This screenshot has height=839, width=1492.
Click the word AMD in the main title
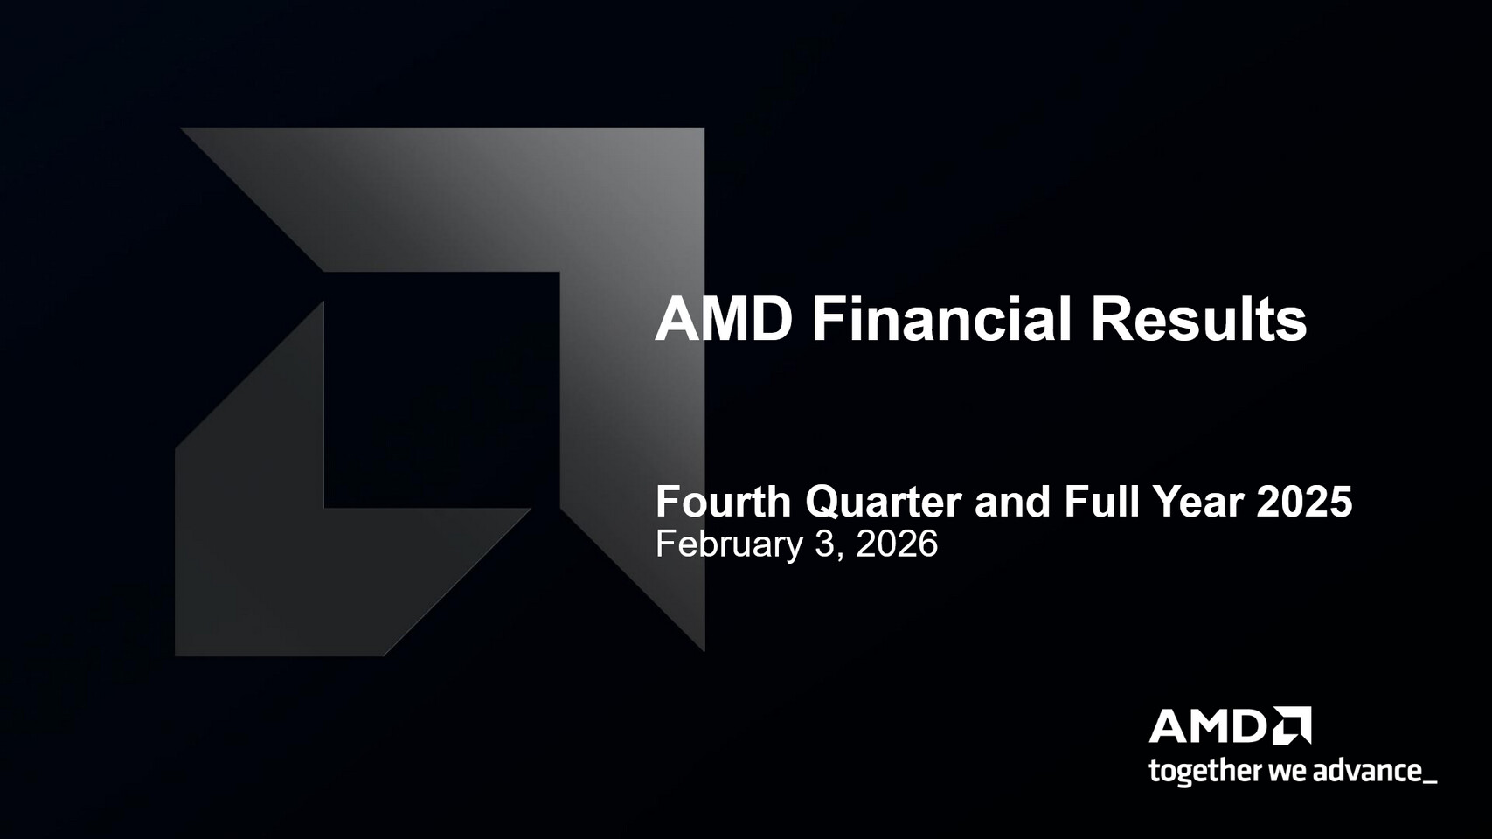tap(724, 319)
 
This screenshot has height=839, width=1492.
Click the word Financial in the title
tap(940, 319)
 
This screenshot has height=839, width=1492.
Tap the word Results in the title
tap(1198, 319)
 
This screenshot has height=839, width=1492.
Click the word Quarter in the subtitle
tap(883, 503)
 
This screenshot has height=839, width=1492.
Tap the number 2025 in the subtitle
tap(1304, 503)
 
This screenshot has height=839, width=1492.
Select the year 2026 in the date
tap(897, 544)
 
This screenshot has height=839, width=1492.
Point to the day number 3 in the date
tap(825, 544)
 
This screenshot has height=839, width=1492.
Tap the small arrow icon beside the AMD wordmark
tap(1292, 726)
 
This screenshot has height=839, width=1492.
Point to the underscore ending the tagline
tap(1430, 781)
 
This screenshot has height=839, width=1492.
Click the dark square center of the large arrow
tap(441, 389)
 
